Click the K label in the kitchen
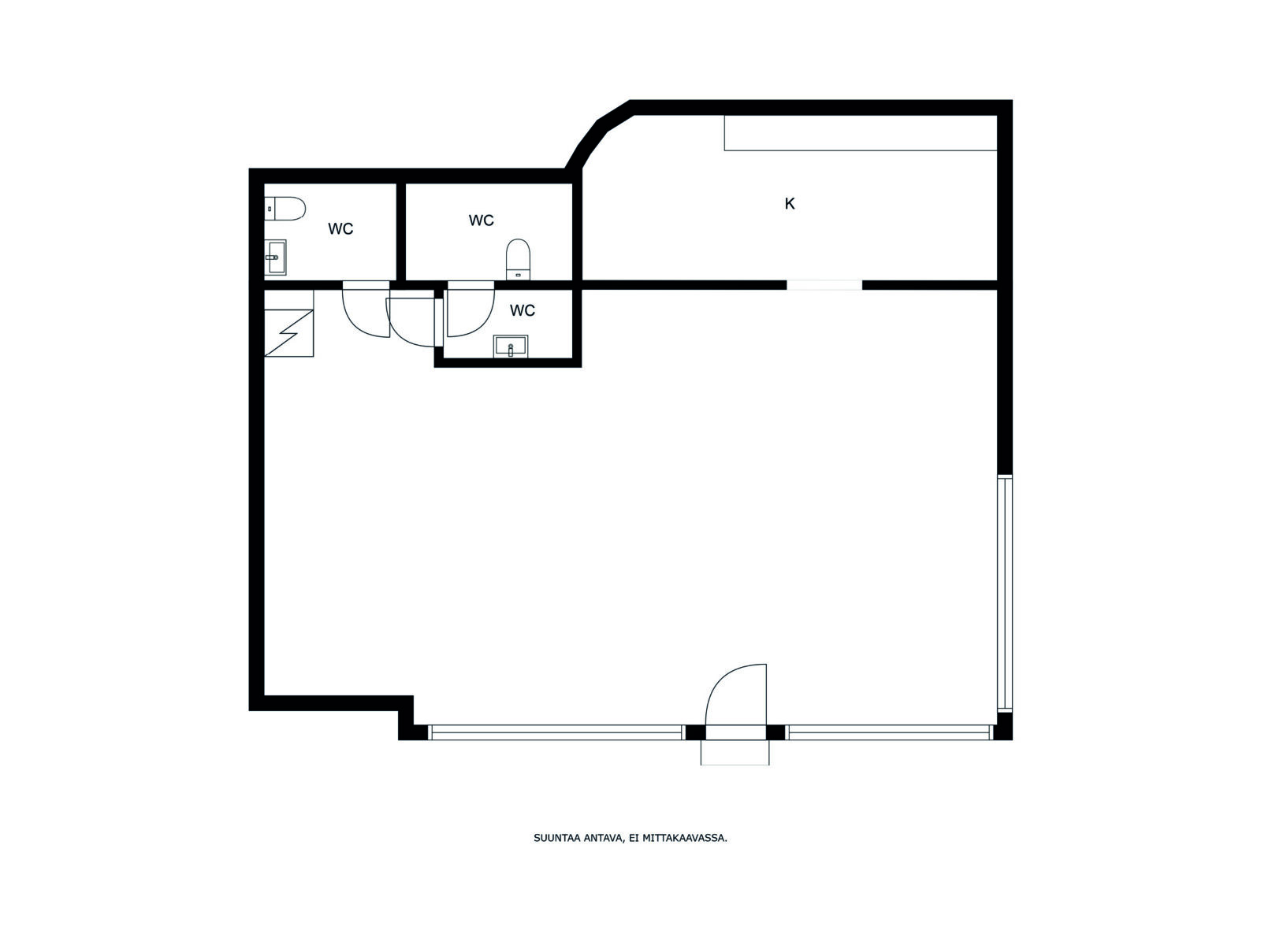(x=790, y=204)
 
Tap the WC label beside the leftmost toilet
(x=340, y=229)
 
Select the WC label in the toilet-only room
(x=481, y=220)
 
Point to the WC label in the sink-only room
(x=523, y=310)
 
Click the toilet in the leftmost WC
(x=285, y=209)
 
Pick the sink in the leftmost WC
(x=275, y=257)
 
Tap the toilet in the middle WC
(x=518, y=259)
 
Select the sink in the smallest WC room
(x=510, y=346)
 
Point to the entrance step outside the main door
(x=735, y=752)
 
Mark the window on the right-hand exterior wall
(x=1004, y=593)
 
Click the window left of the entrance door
(x=556, y=732)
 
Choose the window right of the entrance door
(x=890, y=732)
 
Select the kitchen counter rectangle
(x=861, y=133)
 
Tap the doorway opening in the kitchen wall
(x=824, y=285)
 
